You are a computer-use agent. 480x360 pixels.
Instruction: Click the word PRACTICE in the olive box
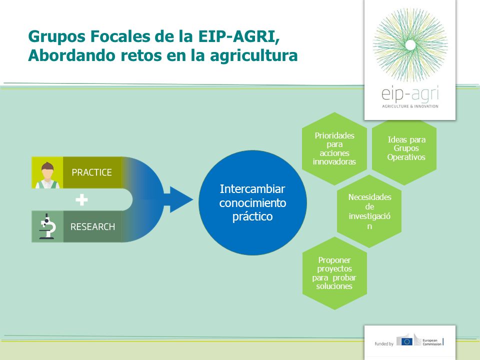[91, 172]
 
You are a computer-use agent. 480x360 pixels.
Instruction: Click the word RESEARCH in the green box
[93, 227]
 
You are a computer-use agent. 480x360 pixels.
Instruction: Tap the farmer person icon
[47, 175]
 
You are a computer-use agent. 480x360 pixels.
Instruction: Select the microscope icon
[47, 226]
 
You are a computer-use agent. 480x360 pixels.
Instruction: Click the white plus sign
[81, 200]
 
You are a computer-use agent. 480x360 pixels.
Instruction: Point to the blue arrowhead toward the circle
[180, 199]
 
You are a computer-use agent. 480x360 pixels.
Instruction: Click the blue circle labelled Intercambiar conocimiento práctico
[252, 202]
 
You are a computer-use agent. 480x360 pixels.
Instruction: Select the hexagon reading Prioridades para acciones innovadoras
[334, 148]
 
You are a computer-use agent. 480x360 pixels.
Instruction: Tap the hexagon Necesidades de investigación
[369, 211]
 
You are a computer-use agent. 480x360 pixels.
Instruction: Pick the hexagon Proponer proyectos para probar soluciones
[334, 273]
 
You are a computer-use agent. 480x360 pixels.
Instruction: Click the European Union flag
[406, 341]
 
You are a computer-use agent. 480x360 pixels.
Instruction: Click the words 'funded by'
[384, 344]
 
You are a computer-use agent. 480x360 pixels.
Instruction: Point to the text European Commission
[432, 342]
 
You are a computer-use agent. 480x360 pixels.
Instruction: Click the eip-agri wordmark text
[410, 93]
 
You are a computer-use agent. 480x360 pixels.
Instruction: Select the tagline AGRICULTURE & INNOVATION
[410, 106]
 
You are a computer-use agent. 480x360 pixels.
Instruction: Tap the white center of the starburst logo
[410, 45]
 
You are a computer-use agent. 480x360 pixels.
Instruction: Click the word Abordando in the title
[72, 55]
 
